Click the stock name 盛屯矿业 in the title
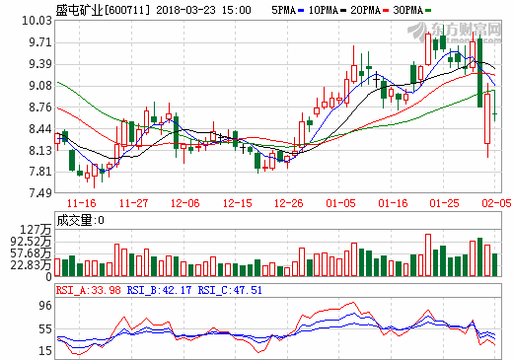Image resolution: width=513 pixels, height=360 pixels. pyautogui.click(x=30, y=9)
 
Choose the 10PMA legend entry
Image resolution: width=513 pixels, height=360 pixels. pyautogui.click(x=332, y=9)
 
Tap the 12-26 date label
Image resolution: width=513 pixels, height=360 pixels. pyautogui.click(x=288, y=203)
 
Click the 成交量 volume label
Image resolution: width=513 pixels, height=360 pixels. pyautogui.click(x=72, y=220)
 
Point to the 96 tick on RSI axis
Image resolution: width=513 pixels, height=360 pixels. pyautogui.click(x=44, y=306)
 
